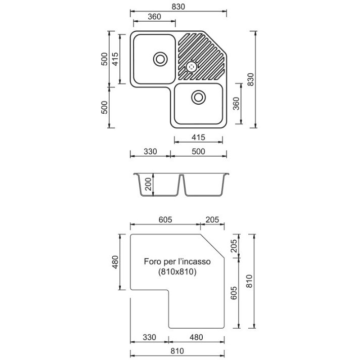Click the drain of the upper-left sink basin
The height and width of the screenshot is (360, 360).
click(160, 59)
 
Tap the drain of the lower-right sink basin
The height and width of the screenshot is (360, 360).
click(198, 97)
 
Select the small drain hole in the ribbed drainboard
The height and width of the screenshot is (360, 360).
click(191, 67)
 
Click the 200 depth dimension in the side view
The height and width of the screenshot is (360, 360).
click(149, 185)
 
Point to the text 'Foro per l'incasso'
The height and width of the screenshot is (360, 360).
click(177, 261)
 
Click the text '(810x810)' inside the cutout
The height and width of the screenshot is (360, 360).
click(177, 272)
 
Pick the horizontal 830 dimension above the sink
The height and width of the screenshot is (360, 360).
click(178, 7)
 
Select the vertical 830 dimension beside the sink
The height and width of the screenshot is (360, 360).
click(251, 79)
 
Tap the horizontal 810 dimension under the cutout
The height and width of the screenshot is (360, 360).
click(177, 351)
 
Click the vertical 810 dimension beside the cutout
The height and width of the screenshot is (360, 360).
click(249, 281)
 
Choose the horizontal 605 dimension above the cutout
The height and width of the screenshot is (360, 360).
click(165, 220)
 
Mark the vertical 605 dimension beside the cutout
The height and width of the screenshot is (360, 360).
click(234, 293)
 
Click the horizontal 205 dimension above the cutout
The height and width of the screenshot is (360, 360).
click(212, 220)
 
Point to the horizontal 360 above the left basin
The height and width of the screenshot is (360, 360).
click(154, 17)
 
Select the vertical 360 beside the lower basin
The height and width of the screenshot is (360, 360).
click(236, 104)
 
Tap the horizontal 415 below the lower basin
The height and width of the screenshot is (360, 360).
click(198, 138)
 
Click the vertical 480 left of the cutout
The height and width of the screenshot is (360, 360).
click(115, 262)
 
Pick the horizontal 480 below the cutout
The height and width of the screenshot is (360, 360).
click(196, 337)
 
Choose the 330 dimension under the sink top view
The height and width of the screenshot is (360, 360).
click(150, 152)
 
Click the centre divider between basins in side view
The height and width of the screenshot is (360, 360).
click(181, 184)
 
